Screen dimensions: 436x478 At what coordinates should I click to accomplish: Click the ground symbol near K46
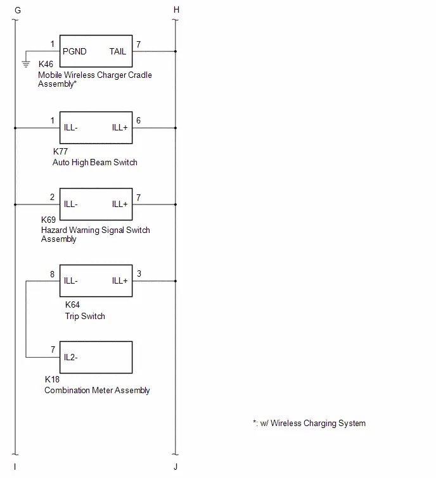(x=26, y=64)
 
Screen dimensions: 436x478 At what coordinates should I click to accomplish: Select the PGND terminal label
(x=74, y=51)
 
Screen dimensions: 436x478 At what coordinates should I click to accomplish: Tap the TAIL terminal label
(x=118, y=51)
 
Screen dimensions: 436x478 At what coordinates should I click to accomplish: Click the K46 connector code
(x=46, y=64)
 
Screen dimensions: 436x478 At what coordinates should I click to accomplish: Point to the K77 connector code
(x=60, y=151)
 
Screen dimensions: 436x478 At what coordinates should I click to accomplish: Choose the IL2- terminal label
(x=70, y=357)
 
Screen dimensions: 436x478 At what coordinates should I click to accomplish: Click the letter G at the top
(x=18, y=10)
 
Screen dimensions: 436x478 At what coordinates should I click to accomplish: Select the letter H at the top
(x=176, y=9)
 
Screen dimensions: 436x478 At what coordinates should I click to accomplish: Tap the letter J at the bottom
(x=176, y=467)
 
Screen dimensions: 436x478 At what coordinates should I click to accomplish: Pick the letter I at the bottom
(x=15, y=467)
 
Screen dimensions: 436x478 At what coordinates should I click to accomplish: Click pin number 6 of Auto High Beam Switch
(x=139, y=120)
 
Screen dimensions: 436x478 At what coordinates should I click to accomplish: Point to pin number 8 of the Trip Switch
(x=53, y=274)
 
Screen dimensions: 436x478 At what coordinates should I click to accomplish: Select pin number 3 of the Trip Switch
(x=139, y=274)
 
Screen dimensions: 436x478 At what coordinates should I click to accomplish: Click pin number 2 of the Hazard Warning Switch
(x=53, y=198)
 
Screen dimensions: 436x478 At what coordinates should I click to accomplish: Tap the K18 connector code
(x=52, y=379)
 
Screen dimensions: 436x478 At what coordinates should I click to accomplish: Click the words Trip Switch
(x=85, y=316)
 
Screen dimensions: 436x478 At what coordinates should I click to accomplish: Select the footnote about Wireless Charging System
(x=309, y=423)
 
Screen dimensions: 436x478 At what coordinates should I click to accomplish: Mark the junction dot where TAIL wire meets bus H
(x=176, y=51)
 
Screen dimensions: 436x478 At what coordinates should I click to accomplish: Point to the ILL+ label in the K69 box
(x=120, y=204)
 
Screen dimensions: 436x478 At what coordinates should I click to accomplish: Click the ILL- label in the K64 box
(x=70, y=280)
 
